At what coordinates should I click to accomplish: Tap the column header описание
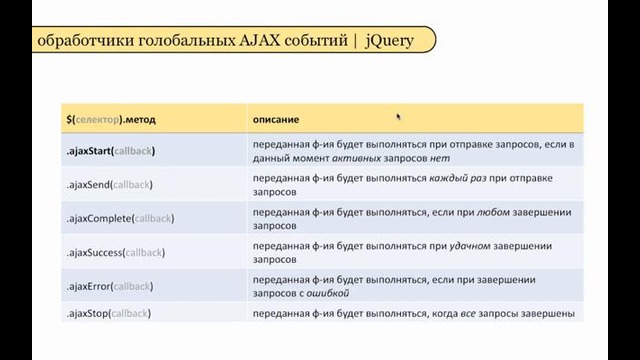point(276,119)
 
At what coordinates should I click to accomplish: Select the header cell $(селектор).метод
point(111,119)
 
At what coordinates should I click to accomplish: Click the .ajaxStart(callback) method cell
point(110,151)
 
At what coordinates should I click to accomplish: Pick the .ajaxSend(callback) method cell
point(109,185)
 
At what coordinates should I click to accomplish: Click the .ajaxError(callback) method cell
point(107,286)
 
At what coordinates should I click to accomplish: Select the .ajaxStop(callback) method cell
point(106,314)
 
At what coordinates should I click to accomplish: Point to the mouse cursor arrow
point(399,117)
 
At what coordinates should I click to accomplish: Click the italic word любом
point(496,212)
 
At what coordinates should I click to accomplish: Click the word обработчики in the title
point(75,41)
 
